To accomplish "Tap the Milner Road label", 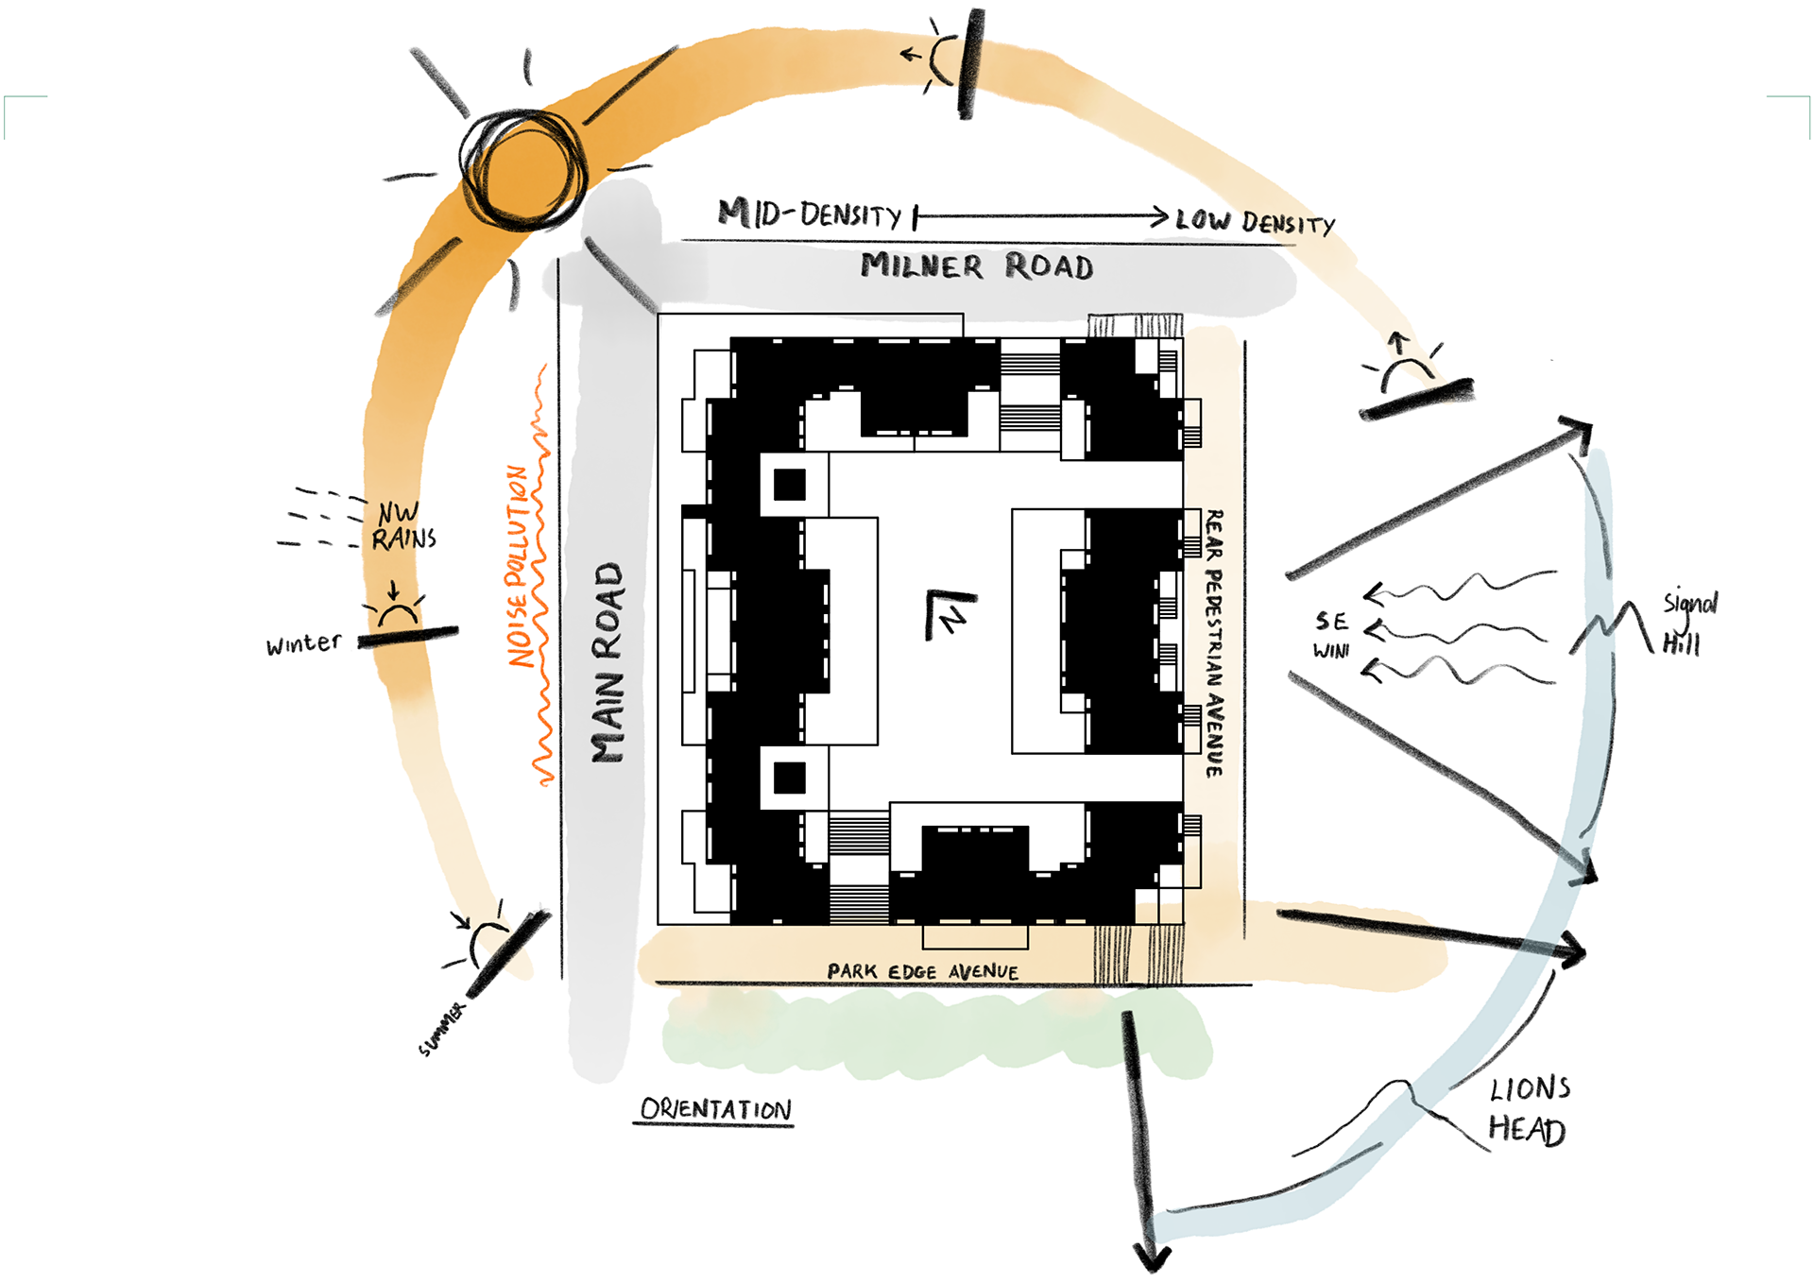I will (977, 266).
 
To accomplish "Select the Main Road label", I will (608, 662).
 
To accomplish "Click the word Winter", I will (303, 644).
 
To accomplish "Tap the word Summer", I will (442, 1029).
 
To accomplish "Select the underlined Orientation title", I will (715, 1109).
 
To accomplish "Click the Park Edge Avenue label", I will (922, 971).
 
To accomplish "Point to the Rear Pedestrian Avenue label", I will (1214, 643).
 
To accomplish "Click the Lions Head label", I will (1528, 1110).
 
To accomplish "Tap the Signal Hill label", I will (1688, 624).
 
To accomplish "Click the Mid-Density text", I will (810, 214).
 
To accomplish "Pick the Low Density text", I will (1255, 222).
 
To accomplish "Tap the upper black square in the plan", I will (789, 485).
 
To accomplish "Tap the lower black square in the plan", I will (789, 778).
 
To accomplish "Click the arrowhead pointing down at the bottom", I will (1152, 1257).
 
